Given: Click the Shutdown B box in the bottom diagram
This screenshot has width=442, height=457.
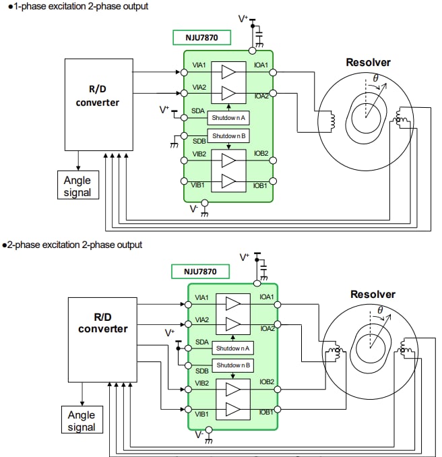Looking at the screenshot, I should pyautogui.click(x=233, y=365).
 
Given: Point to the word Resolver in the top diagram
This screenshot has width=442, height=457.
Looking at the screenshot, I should pyautogui.click(x=368, y=63).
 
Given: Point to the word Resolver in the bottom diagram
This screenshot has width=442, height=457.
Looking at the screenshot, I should pyautogui.click(x=373, y=295).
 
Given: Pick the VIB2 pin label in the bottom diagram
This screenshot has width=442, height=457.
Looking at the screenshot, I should pyautogui.click(x=202, y=382).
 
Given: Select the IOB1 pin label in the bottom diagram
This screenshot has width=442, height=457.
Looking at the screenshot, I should pyautogui.click(x=266, y=412).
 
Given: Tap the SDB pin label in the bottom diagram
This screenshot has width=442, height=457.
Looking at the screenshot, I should pyautogui.click(x=201, y=371).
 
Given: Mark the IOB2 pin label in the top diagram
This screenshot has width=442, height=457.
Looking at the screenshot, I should pyautogui.click(x=261, y=154).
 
